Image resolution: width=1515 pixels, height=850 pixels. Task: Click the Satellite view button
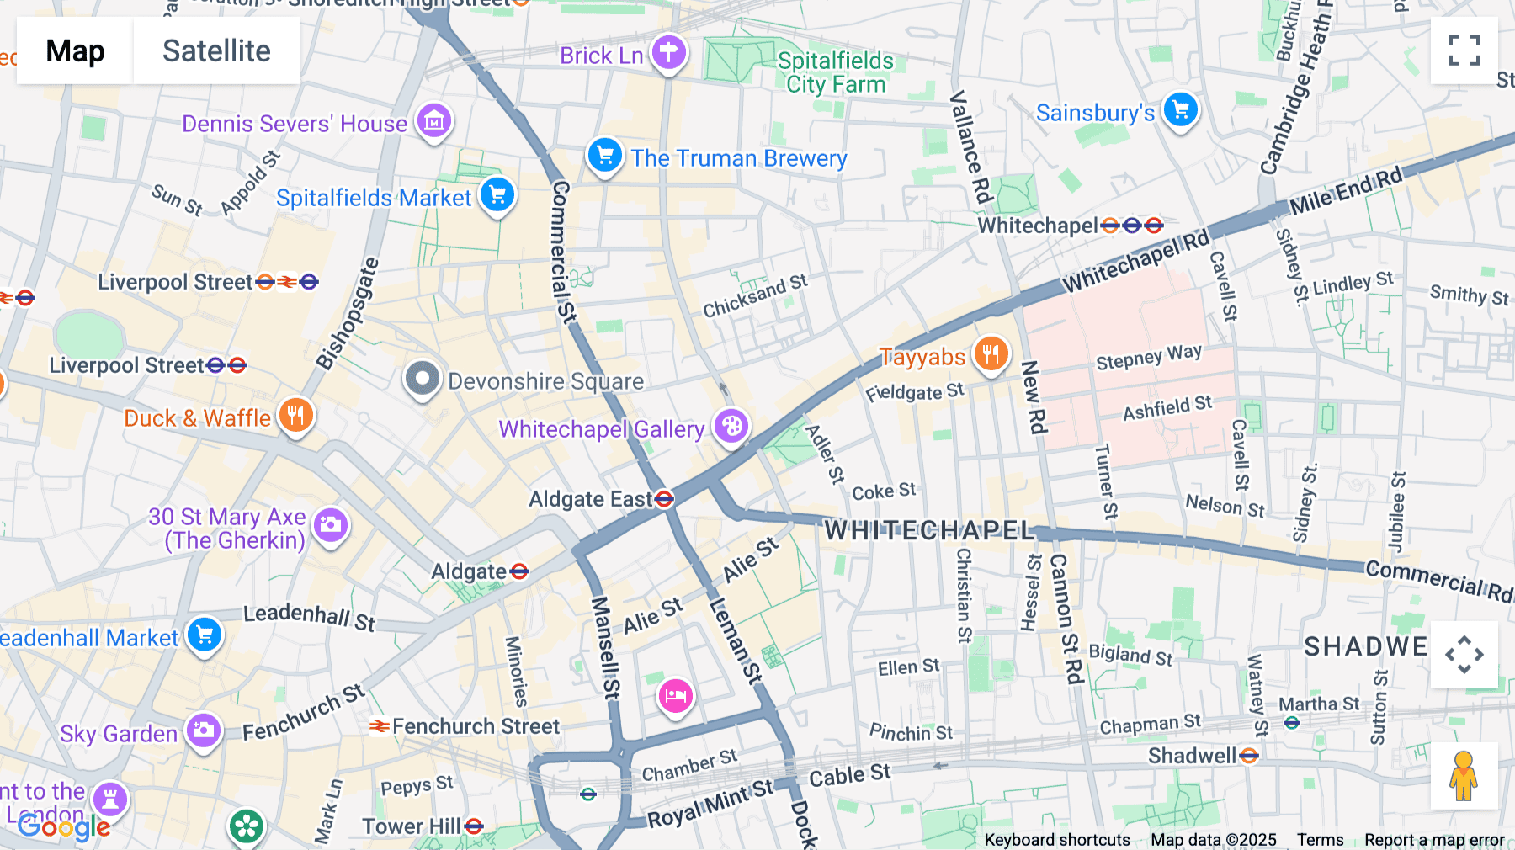[216, 50]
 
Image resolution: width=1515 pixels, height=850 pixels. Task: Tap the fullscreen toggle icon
[1464, 50]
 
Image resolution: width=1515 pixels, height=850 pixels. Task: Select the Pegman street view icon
[1464, 776]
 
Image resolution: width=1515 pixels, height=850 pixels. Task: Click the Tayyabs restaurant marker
[991, 354]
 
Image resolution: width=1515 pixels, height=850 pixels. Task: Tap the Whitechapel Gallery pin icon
[731, 426]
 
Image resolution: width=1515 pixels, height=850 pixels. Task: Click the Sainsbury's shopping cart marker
[1180, 109]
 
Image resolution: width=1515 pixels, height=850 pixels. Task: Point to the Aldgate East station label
[591, 500]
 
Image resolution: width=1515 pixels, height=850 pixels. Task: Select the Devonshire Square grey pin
[423, 379]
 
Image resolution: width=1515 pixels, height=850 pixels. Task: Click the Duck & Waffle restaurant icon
[295, 415]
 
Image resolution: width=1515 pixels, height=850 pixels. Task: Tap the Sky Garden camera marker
[203, 730]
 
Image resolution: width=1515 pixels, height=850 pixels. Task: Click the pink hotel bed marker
[675, 696]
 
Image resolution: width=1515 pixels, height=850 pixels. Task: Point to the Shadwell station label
[1192, 756]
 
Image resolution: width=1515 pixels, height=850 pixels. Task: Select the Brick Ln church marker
[668, 52]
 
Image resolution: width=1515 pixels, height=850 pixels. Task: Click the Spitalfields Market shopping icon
[497, 194]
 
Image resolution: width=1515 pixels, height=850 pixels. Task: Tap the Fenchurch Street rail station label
[476, 726]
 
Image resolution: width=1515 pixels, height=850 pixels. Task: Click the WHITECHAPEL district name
[929, 530]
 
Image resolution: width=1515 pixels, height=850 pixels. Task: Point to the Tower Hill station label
[412, 826]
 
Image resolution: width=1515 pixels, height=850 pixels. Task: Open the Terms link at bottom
[1320, 840]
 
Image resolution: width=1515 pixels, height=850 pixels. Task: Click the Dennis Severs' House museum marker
[434, 121]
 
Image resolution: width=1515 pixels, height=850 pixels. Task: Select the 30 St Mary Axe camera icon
[331, 525]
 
